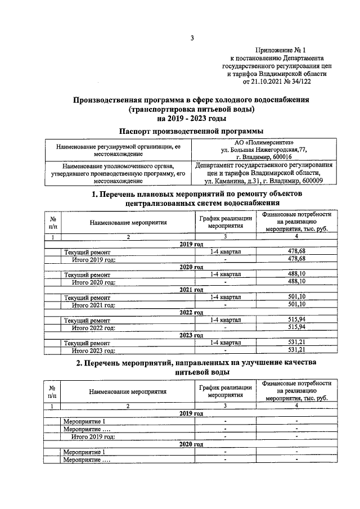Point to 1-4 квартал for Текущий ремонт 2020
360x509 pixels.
coord(225,274)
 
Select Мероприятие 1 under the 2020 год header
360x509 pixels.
coord(84,452)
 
